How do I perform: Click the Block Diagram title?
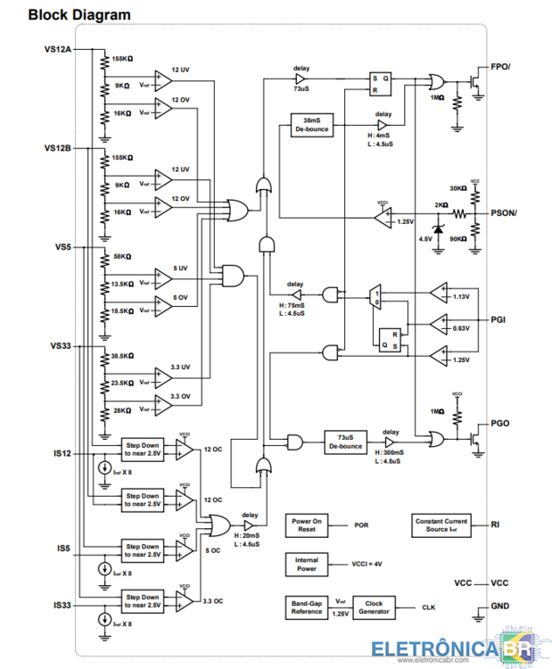[78, 15]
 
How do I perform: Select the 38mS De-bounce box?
[311, 124]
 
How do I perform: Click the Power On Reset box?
[307, 524]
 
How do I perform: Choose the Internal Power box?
[307, 565]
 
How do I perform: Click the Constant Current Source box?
[441, 524]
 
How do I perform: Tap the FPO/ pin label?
[501, 67]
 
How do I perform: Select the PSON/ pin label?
[505, 214]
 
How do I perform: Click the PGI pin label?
[498, 318]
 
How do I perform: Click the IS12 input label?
[62, 453]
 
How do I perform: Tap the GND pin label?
[500, 606]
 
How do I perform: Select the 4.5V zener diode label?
[425, 239]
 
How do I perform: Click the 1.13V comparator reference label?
[461, 296]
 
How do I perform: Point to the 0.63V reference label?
[461, 327]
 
